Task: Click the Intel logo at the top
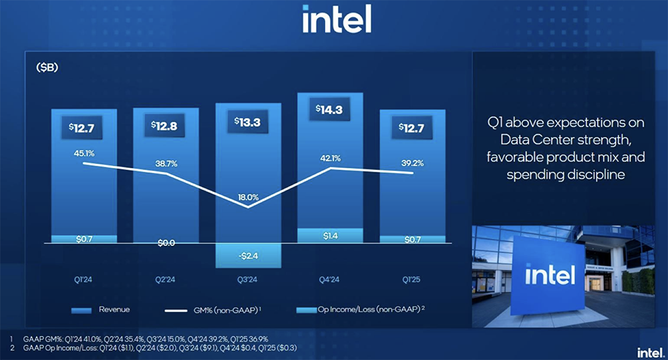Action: click(336, 19)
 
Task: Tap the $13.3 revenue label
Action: click(248, 122)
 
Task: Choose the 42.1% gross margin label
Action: click(330, 158)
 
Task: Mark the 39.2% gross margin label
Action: click(412, 161)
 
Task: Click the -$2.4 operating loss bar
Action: click(248, 254)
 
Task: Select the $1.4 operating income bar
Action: click(331, 236)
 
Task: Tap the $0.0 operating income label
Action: click(166, 243)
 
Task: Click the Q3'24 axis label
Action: click(248, 281)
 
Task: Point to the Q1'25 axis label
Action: click(412, 281)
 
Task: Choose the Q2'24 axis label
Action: click(166, 281)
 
